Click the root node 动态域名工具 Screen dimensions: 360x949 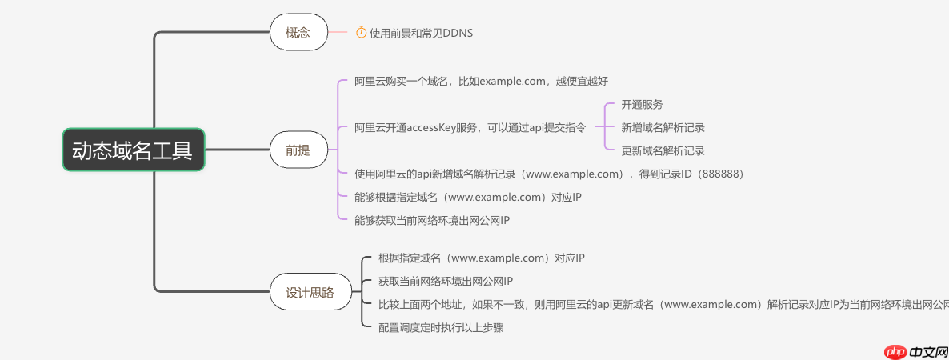pos(133,150)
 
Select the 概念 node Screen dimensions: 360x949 pos(298,33)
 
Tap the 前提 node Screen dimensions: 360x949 pos(298,149)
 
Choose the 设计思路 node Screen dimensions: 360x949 pos(310,293)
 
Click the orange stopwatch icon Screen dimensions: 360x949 pos(361,32)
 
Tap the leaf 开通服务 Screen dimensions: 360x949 pos(642,105)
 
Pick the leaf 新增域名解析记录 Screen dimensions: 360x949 pos(663,127)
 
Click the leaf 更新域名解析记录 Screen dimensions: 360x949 pos(663,150)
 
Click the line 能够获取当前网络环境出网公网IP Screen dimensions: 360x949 pos(432,220)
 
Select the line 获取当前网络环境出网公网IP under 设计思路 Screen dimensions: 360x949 pos(446,281)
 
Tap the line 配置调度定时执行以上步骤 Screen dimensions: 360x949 pos(441,327)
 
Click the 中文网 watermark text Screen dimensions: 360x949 pos(928,350)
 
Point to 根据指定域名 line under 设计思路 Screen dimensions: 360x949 pos(482,258)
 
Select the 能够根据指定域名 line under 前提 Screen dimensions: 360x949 pos(467,197)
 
